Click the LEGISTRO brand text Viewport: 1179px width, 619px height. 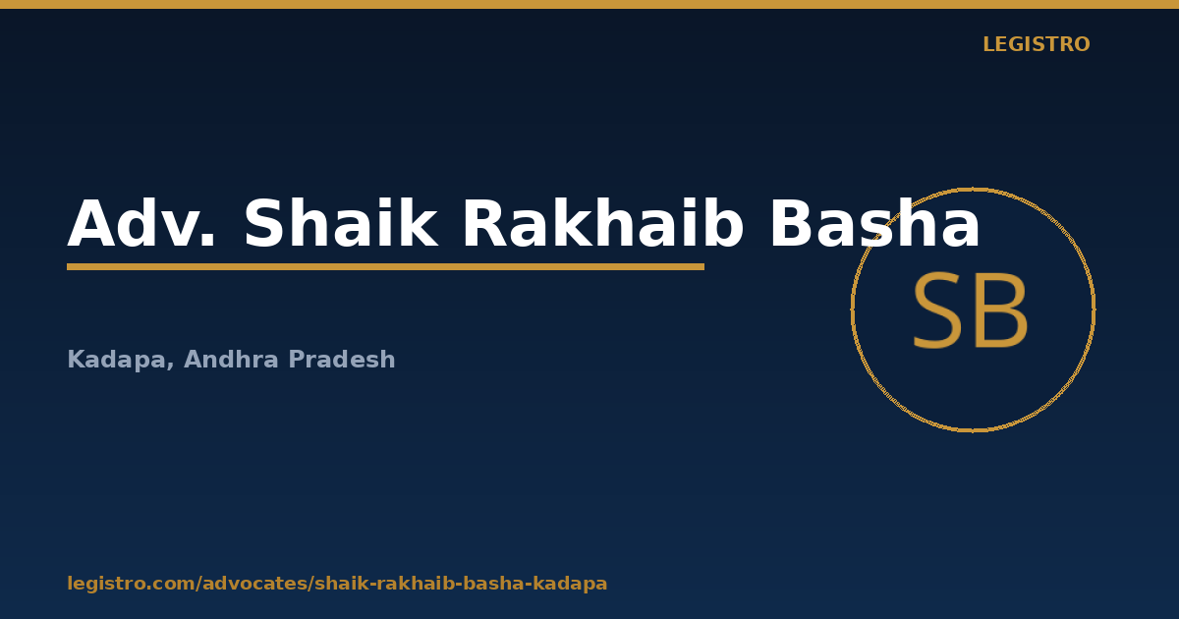[1036, 44]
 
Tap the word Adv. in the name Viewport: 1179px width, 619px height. [141, 223]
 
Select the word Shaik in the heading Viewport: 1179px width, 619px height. [341, 222]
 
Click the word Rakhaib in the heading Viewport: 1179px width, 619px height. [602, 222]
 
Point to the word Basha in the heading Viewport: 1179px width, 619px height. [874, 222]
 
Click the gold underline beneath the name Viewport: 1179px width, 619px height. [385, 267]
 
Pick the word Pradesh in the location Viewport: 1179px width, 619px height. [342, 359]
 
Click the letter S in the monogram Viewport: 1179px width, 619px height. [938, 311]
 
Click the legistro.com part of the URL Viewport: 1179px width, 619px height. [131, 584]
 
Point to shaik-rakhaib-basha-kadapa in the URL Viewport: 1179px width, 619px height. [462, 584]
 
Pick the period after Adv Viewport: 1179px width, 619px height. [208, 241]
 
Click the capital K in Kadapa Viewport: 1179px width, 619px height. [77, 359]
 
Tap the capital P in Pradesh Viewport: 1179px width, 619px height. [297, 359]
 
